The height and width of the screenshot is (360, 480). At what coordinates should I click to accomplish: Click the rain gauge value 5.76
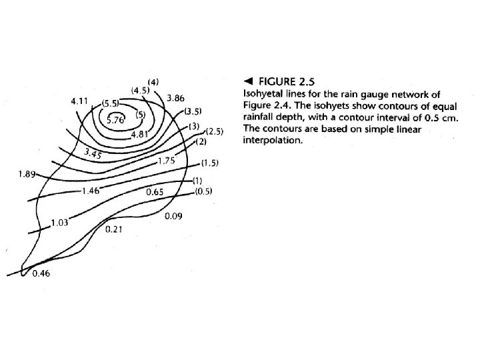tap(117, 120)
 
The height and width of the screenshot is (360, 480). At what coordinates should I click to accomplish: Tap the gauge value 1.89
tap(28, 175)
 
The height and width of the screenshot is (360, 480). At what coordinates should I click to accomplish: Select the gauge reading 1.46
tap(89, 191)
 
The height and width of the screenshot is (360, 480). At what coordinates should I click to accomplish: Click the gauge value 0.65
tap(155, 192)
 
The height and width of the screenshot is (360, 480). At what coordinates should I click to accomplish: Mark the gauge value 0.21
tap(114, 229)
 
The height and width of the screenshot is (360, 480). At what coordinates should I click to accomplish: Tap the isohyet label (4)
tap(153, 81)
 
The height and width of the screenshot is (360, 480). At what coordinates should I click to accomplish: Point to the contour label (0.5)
tap(203, 192)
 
